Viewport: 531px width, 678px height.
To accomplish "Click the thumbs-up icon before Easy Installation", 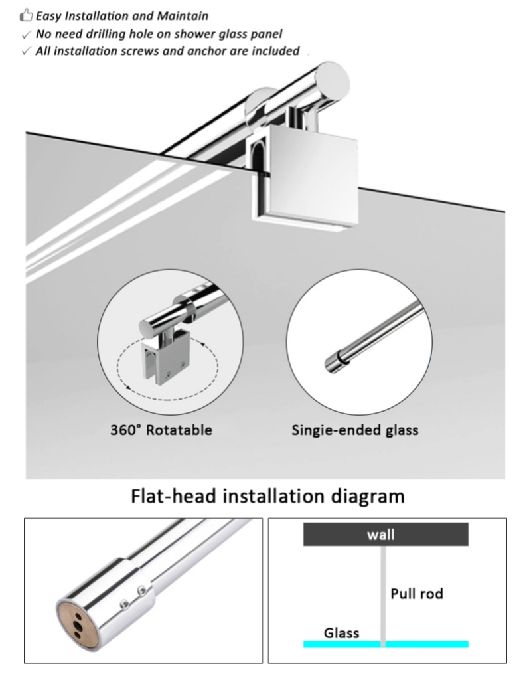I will [x=27, y=15].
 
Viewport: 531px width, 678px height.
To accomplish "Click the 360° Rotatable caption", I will [x=161, y=430].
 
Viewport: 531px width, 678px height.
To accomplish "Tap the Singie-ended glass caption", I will [x=355, y=430].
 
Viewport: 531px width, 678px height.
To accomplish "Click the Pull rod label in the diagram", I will [x=416, y=593].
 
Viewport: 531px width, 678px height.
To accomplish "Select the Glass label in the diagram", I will [x=341, y=632].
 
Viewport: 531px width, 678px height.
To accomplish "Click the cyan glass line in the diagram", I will [x=425, y=644].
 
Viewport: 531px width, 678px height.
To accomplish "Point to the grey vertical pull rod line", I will [x=384, y=584].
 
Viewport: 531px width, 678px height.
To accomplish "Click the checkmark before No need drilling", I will [x=27, y=34].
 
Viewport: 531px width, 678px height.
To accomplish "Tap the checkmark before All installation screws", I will [x=27, y=52].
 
